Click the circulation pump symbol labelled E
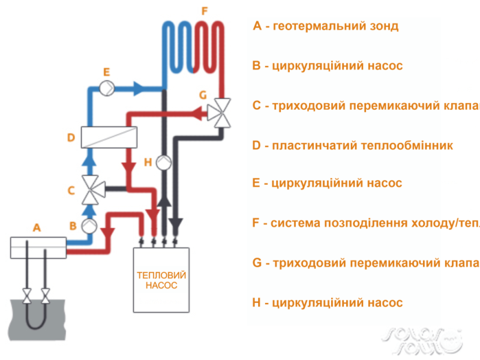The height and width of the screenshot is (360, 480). (x=107, y=88)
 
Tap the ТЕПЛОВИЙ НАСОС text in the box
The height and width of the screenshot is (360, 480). (x=161, y=281)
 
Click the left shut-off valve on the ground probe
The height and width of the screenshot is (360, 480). (x=26, y=296)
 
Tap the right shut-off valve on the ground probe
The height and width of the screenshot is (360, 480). (x=46, y=296)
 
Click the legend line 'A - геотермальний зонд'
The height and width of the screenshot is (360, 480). (x=326, y=26)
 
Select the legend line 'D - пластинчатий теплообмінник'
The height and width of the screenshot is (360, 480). (x=353, y=145)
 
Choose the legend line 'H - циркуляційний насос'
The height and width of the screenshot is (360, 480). (x=328, y=302)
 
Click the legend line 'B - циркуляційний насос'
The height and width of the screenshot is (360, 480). (x=328, y=65)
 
